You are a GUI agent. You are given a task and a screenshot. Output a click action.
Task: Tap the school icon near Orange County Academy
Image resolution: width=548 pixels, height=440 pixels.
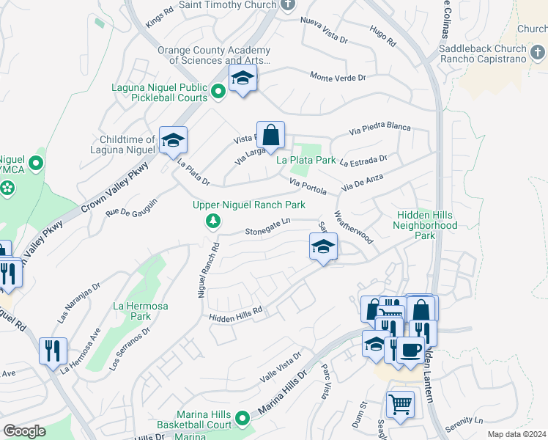pyautogui.click(x=242, y=78)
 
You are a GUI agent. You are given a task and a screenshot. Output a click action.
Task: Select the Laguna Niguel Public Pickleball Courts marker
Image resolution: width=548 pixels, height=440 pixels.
pyautogui.click(x=218, y=92)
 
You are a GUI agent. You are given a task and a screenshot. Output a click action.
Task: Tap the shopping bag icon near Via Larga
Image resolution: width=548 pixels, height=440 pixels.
pyautogui.click(x=270, y=135)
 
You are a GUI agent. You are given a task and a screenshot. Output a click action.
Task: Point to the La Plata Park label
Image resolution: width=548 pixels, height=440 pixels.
pyautogui.click(x=306, y=160)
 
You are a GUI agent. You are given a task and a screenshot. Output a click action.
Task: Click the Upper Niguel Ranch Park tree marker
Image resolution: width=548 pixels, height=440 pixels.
pyautogui.click(x=212, y=220)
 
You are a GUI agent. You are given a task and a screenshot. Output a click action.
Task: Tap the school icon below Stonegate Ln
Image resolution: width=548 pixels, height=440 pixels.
pyautogui.click(x=322, y=248)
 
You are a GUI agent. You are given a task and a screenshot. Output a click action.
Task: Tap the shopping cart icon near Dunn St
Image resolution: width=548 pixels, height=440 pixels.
pyautogui.click(x=400, y=403)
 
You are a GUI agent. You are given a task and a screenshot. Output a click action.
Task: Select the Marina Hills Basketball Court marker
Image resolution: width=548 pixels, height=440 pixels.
pyautogui.click(x=242, y=418)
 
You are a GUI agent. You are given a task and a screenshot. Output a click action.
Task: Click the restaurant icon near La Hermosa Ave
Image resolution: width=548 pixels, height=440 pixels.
pyautogui.click(x=53, y=350)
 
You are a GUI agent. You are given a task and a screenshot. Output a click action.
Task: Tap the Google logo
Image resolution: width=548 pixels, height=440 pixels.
pyautogui.click(x=24, y=431)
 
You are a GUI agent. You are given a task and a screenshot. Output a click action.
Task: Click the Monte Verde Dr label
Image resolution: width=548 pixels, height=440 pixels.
pyautogui.click(x=337, y=77)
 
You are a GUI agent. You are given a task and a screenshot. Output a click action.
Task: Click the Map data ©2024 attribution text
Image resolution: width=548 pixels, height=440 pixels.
pyautogui.click(x=516, y=434)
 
